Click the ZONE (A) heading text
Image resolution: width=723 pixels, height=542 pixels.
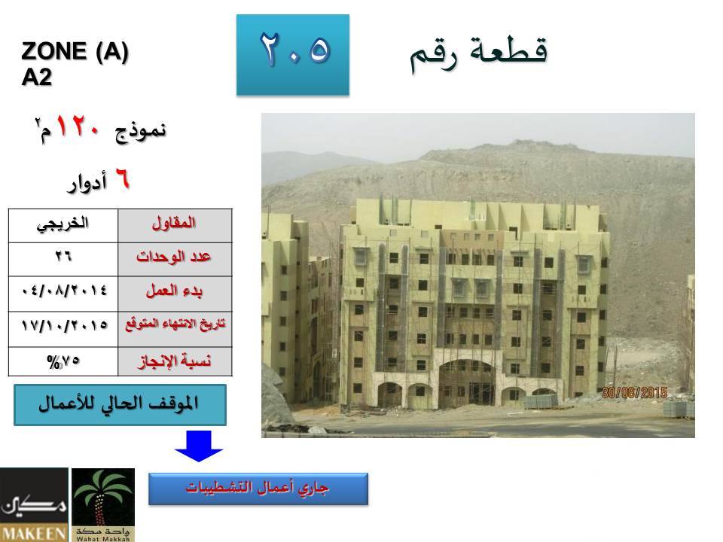(75, 50)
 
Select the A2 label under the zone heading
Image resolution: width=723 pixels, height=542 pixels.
(36, 77)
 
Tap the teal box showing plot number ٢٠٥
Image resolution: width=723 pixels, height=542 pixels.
(293, 55)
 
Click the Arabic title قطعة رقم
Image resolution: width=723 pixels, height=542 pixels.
(479, 54)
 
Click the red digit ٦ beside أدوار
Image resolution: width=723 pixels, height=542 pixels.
(122, 178)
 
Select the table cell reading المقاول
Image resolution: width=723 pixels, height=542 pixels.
(175, 226)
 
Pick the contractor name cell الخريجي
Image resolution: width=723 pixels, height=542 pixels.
(63, 226)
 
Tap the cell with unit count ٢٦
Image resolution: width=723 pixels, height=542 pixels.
(63, 260)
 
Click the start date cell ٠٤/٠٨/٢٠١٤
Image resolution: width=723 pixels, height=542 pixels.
(63, 294)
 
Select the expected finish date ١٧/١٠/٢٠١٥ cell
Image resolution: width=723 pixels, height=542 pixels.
(63, 329)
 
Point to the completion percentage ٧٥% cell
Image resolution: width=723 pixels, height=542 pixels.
(63, 361)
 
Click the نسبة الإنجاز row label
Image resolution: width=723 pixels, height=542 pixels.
(175, 361)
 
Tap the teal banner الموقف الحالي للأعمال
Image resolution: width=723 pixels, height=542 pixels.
(120, 405)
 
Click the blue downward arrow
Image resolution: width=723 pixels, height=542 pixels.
(199, 446)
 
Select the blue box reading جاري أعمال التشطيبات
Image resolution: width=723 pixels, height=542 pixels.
(258, 489)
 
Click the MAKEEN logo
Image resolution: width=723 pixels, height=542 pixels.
(34, 504)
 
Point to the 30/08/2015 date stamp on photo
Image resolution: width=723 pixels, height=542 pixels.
(634, 393)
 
